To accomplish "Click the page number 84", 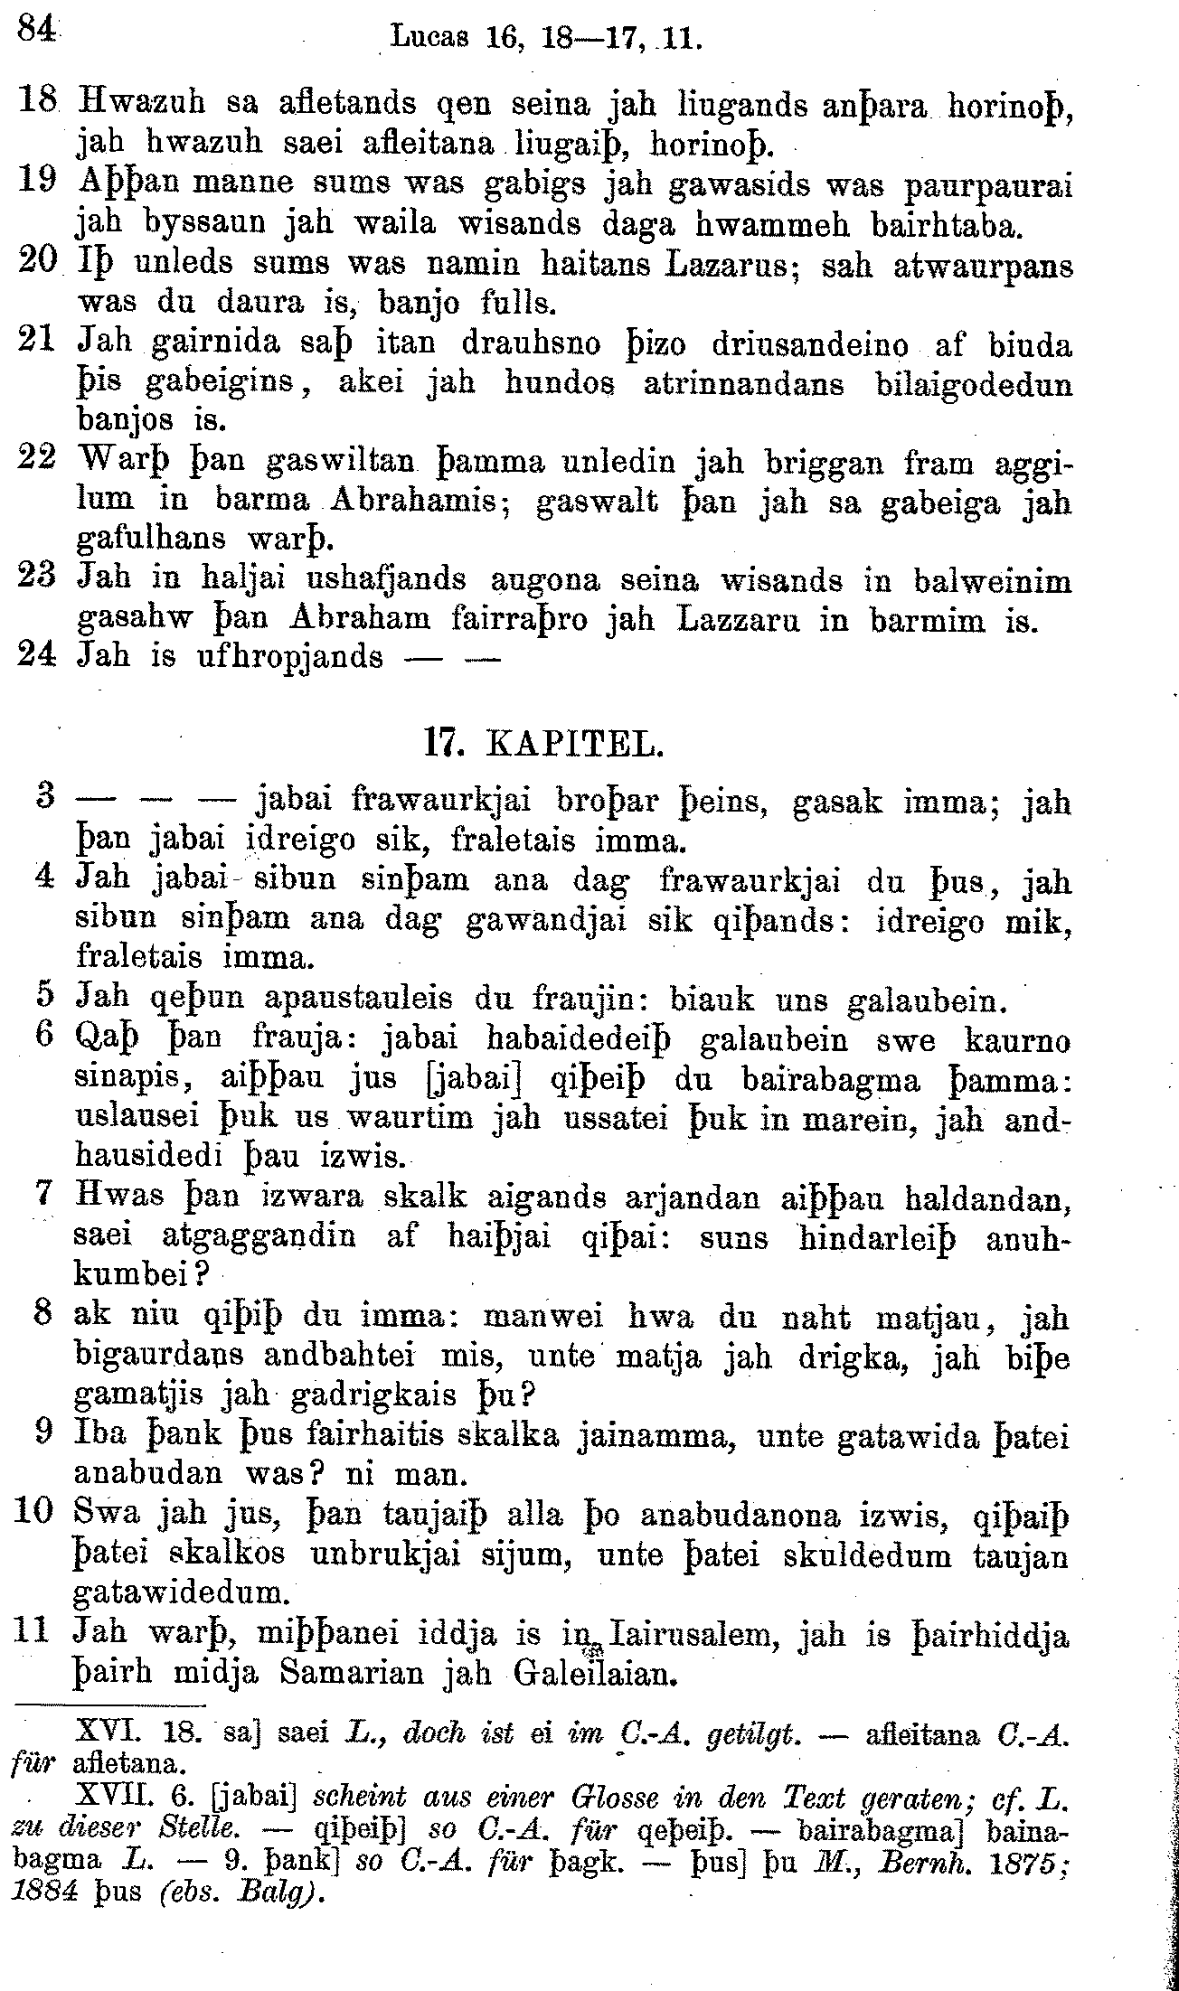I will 34,31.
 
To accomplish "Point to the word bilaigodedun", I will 975,384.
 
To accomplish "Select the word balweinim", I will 993,580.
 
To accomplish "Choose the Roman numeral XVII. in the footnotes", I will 108,1796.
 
